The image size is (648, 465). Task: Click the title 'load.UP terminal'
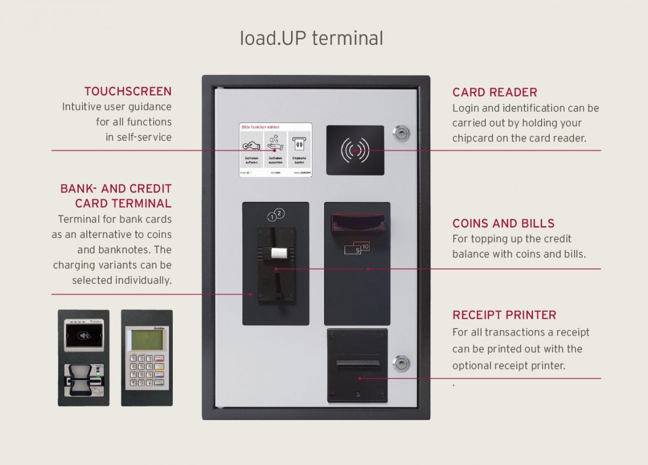coord(312,38)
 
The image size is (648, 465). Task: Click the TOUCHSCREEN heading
coord(127,91)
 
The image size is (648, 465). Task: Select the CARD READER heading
coord(495,92)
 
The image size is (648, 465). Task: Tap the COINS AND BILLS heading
coord(503,223)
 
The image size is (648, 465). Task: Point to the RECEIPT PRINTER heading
coord(504,315)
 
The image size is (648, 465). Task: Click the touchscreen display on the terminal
coord(275,150)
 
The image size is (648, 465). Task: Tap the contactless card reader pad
coord(355,151)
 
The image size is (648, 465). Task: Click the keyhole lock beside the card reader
coord(401,133)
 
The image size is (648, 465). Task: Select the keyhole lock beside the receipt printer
coord(401,364)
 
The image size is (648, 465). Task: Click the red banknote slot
coord(357,221)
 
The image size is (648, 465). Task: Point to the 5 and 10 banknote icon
coord(357,248)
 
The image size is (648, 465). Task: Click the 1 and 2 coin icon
coord(276,215)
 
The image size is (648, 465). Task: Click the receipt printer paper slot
coord(357,362)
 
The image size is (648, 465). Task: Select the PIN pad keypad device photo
coord(146,358)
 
